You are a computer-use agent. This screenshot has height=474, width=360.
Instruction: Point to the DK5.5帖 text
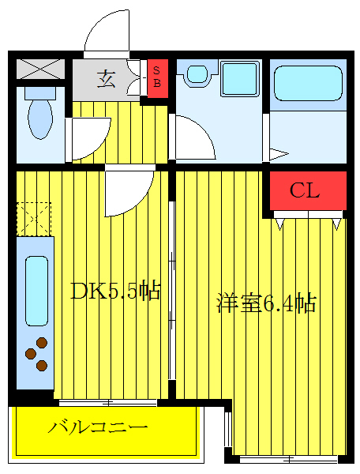pos(115,292)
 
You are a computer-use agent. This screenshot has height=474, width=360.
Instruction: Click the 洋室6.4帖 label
pos(267,303)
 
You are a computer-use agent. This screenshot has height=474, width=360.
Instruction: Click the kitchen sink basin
pos(35,290)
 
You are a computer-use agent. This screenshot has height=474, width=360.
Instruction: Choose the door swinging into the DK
pos(126,191)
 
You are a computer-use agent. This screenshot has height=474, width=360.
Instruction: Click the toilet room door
pos(88,138)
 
